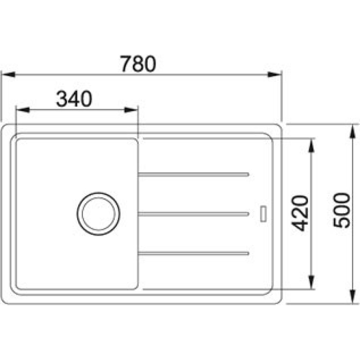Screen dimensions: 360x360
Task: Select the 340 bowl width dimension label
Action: click(74, 99)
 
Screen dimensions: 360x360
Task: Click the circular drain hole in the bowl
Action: click(98, 213)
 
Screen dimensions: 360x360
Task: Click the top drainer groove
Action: click(193, 174)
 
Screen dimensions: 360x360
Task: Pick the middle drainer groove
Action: click(193, 214)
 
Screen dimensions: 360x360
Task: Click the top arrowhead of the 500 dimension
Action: click(351, 130)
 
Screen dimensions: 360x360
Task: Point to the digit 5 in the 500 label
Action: click(342, 222)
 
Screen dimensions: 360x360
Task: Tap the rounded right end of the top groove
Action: click(247, 174)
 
